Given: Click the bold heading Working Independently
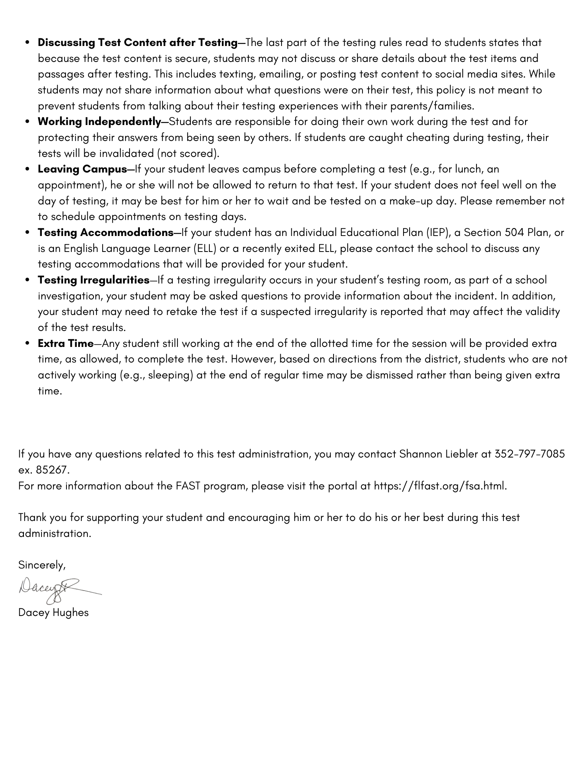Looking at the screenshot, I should pos(99,122).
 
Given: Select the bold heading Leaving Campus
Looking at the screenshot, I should pos(82,169).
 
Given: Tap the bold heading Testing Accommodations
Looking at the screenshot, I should pos(106,232).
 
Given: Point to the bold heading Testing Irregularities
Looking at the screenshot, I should pos(93,280).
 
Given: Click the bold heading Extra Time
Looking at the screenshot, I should pos(65,344).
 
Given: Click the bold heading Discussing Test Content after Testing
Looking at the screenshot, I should pos(138,43).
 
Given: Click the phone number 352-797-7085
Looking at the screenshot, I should pos(530,454).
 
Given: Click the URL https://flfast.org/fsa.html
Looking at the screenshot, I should pos(440,486).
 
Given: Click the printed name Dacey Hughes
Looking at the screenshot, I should pos(53,613).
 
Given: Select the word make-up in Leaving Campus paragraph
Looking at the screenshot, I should pos(411,201).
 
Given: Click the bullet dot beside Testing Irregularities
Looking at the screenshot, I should pos(27,280).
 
